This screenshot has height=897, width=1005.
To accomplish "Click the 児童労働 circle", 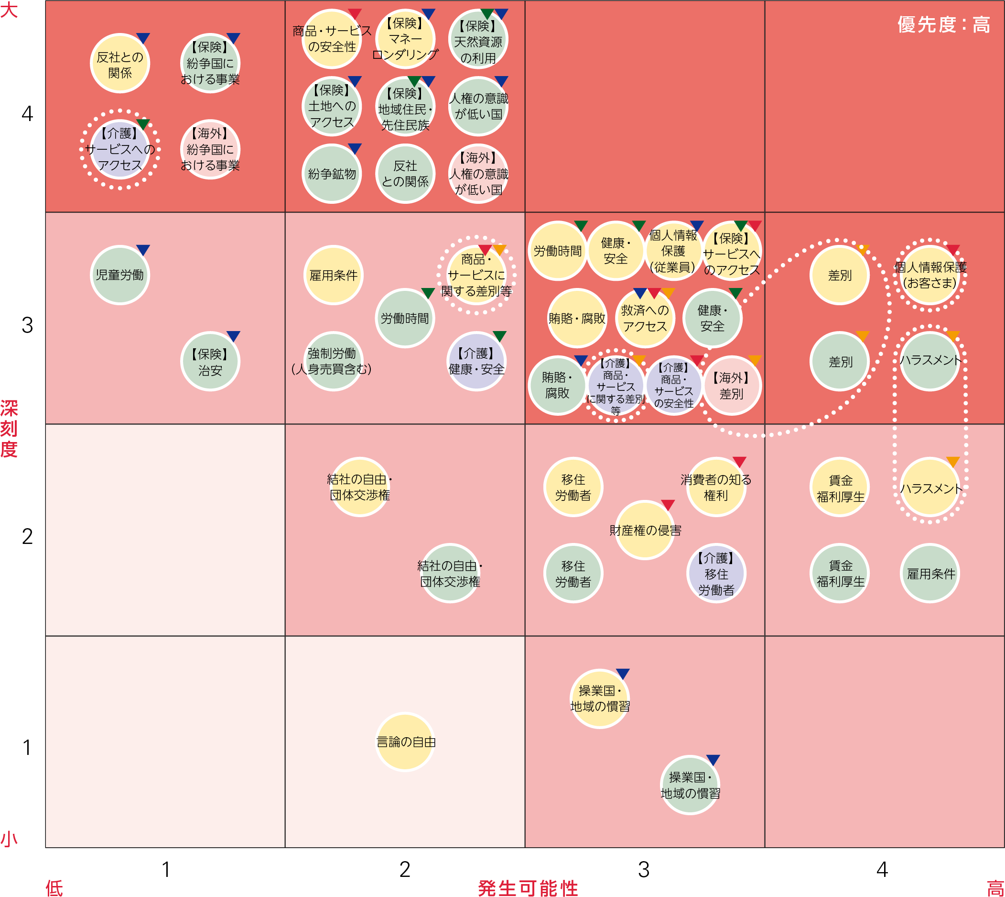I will [119, 275].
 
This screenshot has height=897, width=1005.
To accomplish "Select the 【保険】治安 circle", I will [210, 362].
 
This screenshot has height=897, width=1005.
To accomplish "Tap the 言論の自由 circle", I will [405, 742].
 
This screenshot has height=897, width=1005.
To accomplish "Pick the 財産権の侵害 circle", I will [645, 531].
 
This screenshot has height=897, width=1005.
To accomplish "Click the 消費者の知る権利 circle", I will [716, 487].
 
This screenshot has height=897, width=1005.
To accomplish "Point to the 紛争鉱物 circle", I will [331, 174].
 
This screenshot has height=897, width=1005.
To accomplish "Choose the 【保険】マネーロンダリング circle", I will [405, 39].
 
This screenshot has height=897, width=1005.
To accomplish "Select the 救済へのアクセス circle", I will [645, 319].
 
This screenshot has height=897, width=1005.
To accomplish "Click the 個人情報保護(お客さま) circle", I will [930, 275].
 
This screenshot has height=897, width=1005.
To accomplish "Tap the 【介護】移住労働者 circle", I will [716, 574].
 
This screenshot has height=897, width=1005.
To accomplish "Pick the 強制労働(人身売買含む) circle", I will [331, 362].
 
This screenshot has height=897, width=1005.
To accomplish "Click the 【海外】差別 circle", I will [732, 386].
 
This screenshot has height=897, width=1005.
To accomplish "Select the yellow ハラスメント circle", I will [930, 488].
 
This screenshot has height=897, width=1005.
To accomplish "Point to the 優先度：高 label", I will [943, 25].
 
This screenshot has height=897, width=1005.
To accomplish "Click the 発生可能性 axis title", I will [528, 887].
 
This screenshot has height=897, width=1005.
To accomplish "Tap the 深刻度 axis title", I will [9, 429].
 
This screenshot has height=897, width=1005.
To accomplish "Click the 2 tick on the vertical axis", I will [27, 536].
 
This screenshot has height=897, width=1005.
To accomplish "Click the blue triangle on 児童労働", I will [143, 249].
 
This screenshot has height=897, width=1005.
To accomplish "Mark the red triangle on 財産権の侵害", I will [668, 505].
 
